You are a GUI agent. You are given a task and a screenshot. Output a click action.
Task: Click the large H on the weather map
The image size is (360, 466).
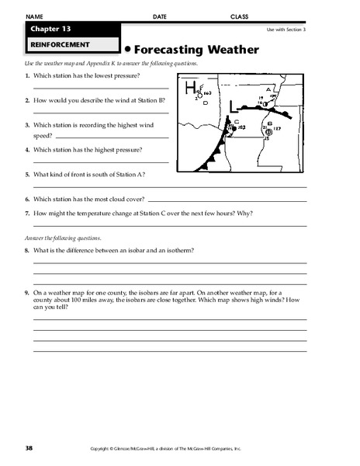pos(189,89)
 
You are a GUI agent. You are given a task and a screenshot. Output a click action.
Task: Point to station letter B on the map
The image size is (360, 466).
pos(269,123)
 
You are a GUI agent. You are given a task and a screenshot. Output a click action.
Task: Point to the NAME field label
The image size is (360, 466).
pos(35,16)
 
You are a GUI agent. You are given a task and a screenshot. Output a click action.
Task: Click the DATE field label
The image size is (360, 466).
pos(160,16)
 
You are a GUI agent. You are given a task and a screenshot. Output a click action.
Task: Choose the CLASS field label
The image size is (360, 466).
pos(240,16)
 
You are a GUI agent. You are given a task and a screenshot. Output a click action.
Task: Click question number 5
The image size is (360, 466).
pos(27,175)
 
